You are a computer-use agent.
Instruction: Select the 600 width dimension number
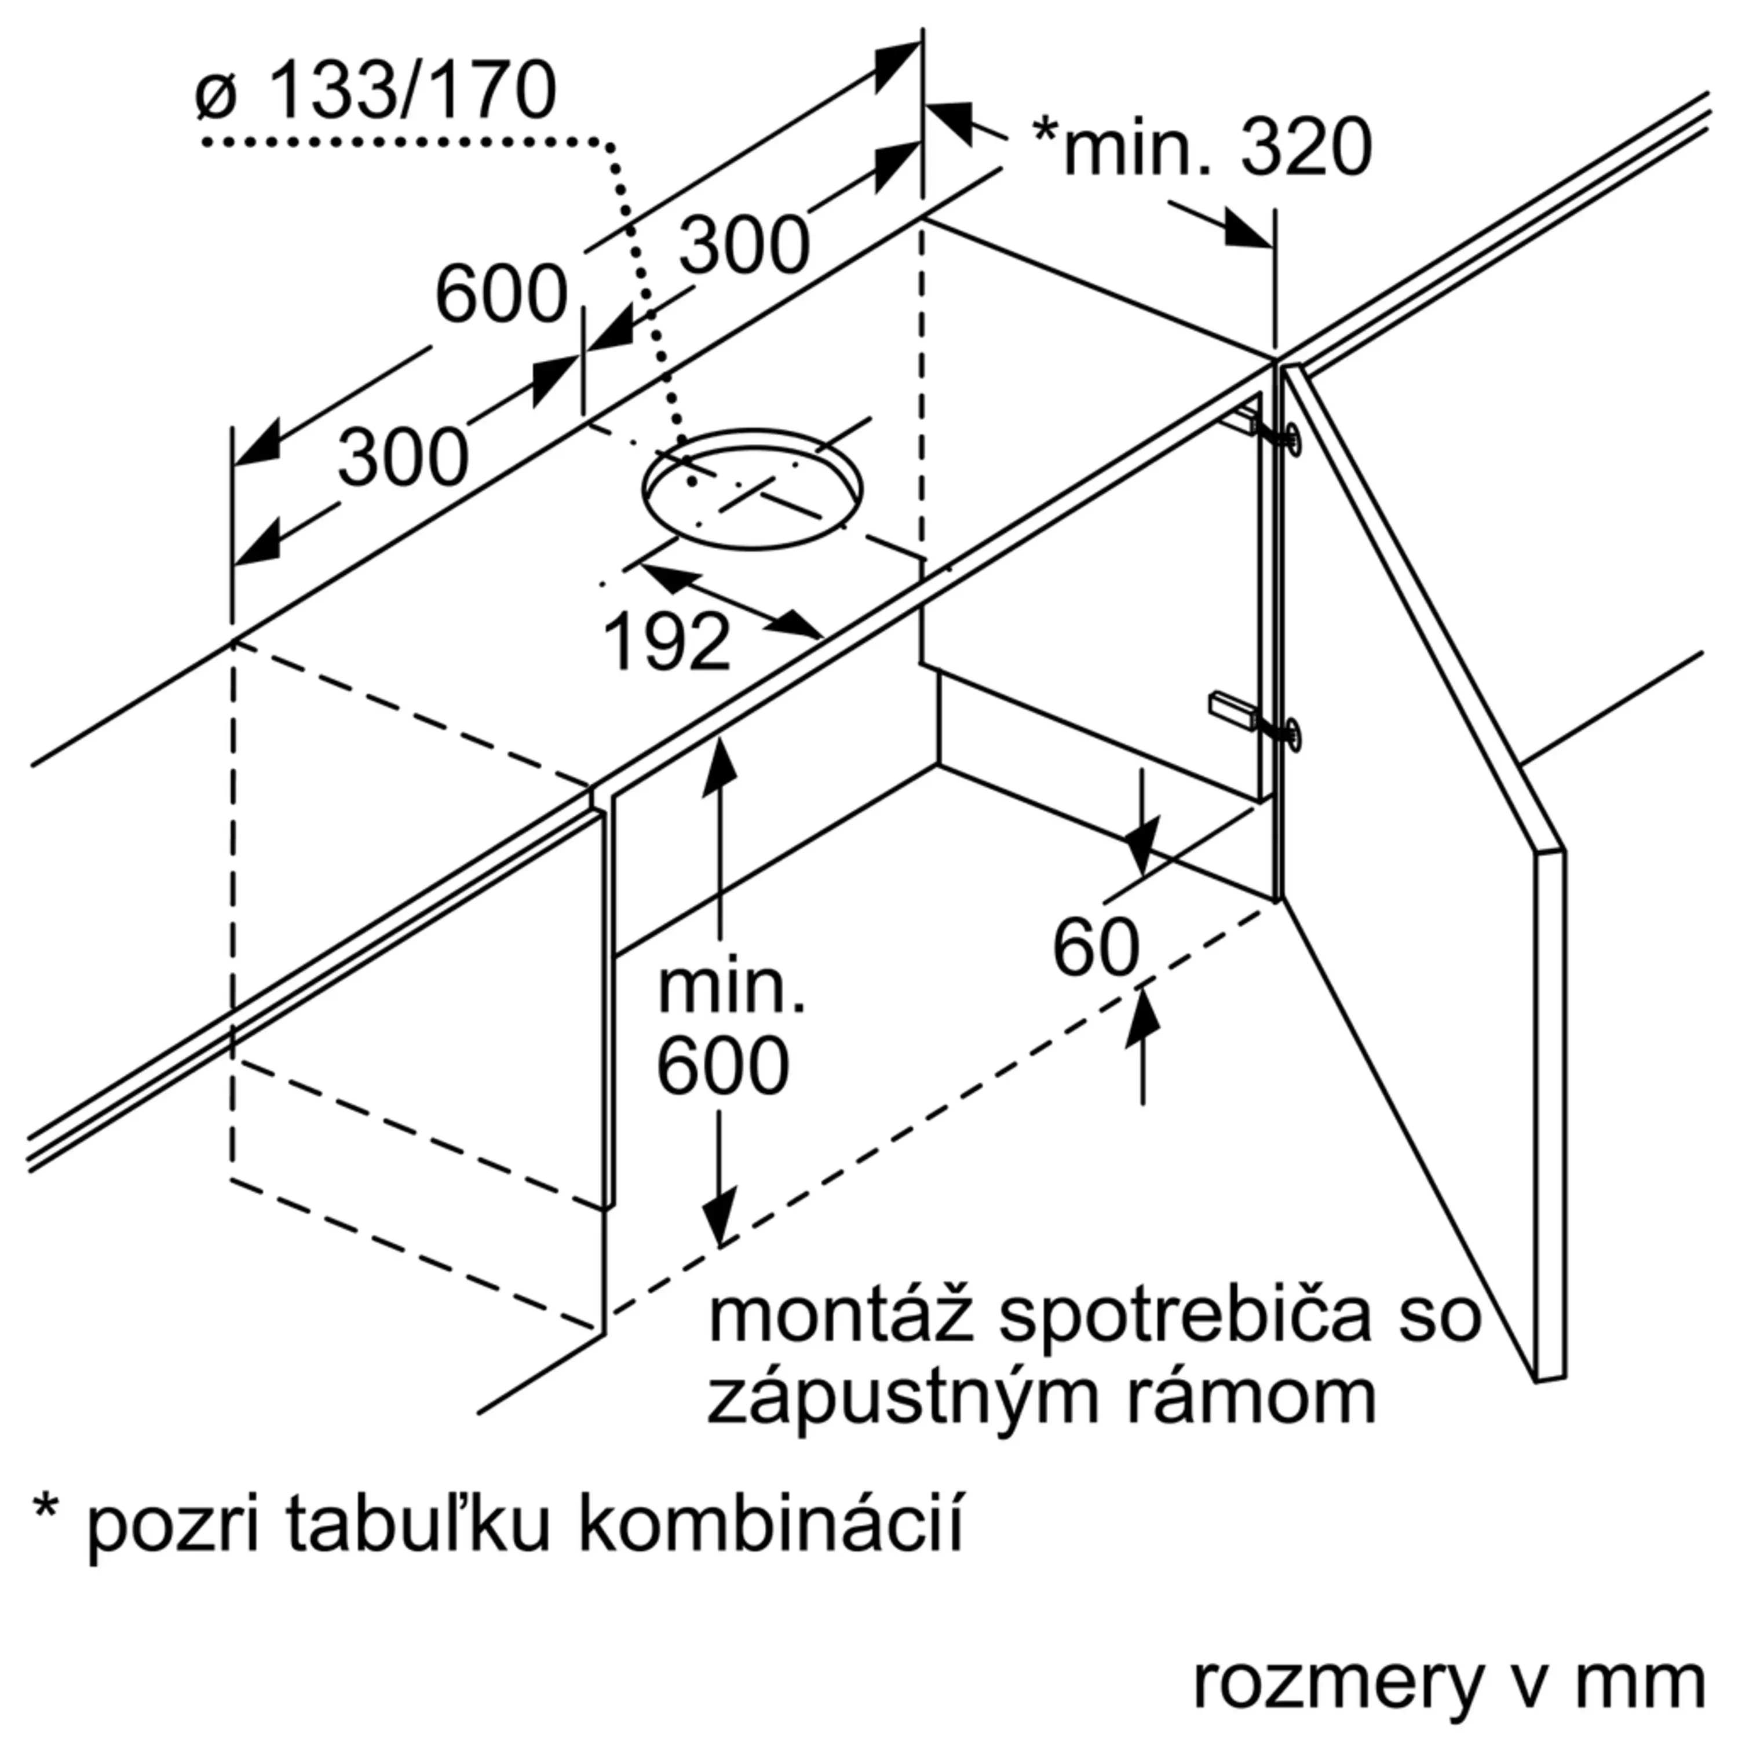coord(501,294)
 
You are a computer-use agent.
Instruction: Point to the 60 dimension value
coord(1096,948)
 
